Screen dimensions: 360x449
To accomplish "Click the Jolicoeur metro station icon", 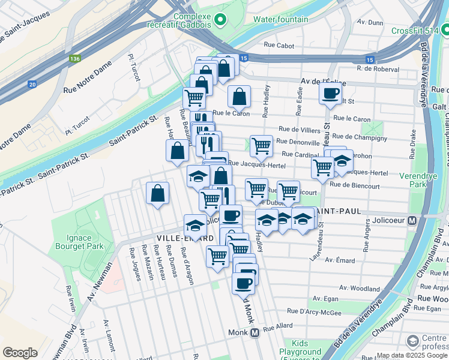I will [x=412, y=220].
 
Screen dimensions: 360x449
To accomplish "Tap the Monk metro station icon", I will [x=255, y=332].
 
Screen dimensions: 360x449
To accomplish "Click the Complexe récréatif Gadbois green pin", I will [x=220, y=20].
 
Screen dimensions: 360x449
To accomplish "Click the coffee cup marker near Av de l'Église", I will [x=330, y=94].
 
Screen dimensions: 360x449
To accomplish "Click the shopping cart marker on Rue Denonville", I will [x=261, y=145].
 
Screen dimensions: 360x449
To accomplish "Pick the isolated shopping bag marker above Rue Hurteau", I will [x=157, y=193].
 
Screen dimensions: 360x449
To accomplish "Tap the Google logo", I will [x=20, y=353].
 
